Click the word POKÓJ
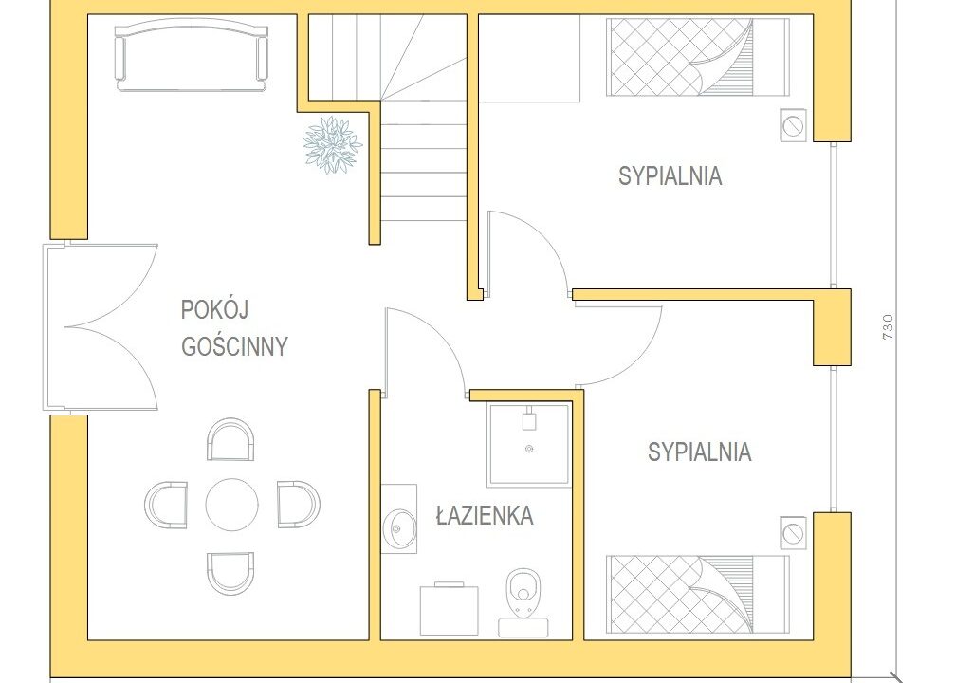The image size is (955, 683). coord(214,309)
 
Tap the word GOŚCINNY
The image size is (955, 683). coord(234,346)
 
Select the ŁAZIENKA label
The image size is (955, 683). coord(485,516)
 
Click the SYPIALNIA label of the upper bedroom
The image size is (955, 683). coord(670,176)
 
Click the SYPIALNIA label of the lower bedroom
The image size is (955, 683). coord(699,452)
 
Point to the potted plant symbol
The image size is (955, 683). coord(333,145)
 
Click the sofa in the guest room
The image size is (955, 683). coord(192,55)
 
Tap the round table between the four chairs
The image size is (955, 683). coord(232,505)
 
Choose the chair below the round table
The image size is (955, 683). coord(230,573)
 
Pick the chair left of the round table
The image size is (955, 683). coord(166,505)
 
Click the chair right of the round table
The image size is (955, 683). coord(299,505)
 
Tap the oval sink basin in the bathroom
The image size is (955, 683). coord(399,528)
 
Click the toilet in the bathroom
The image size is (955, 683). coord(523,591)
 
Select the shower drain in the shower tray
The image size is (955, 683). coord(528,449)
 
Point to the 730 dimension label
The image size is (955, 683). coord(888,326)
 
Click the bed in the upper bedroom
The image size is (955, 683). coord(698,57)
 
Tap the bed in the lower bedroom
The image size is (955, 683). coord(698,594)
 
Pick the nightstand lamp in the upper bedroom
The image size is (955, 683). coord(794,125)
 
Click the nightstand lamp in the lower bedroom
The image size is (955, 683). coord(794,533)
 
